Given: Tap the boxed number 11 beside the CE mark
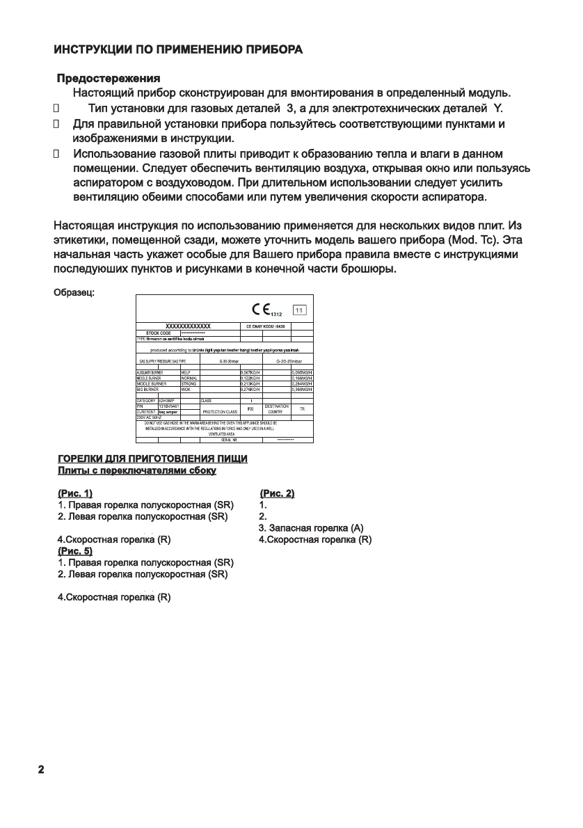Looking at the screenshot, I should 299,311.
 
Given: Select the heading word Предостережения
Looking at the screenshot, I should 109,79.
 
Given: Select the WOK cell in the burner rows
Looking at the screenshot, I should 185,390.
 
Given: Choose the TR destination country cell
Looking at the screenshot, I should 302,409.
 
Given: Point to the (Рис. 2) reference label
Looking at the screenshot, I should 276,493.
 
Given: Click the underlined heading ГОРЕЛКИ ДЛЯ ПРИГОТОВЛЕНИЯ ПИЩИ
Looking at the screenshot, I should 152,459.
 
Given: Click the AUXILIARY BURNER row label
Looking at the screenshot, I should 149,373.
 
